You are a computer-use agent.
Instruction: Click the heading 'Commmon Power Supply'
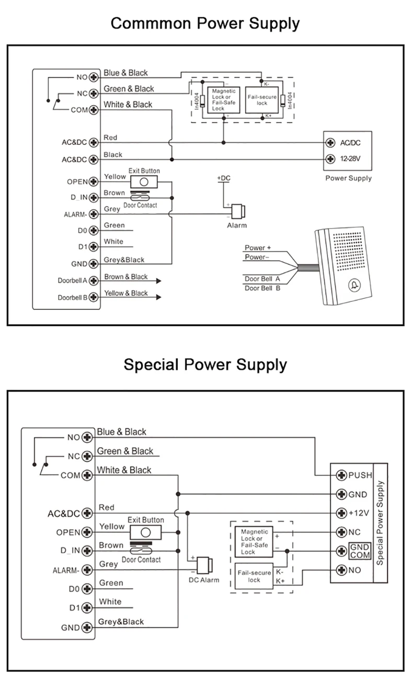click(x=205, y=24)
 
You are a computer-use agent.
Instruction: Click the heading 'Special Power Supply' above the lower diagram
click(x=205, y=364)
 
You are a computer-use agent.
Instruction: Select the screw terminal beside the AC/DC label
click(x=330, y=143)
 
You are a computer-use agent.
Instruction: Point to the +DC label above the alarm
click(x=223, y=179)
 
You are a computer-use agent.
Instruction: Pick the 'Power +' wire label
click(x=258, y=247)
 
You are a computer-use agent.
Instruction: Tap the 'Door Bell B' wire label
click(x=262, y=288)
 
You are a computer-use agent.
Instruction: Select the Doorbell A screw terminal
click(x=94, y=280)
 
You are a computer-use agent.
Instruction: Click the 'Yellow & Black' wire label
click(x=126, y=293)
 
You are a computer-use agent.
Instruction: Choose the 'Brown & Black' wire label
click(x=126, y=277)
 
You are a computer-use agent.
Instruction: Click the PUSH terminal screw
click(x=341, y=475)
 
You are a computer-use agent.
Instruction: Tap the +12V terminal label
click(x=359, y=513)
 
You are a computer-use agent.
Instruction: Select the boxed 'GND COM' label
click(x=360, y=551)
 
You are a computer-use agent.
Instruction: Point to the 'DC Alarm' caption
click(x=204, y=580)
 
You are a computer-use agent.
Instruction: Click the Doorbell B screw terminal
click(x=94, y=298)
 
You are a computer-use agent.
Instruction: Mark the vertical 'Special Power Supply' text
click(x=380, y=522)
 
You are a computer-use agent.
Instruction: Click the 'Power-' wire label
click(x=257, y=257)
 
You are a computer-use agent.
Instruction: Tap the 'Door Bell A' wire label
click(x=262, y=279)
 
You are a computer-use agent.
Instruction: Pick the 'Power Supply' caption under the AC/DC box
click(x=349, y=178)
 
